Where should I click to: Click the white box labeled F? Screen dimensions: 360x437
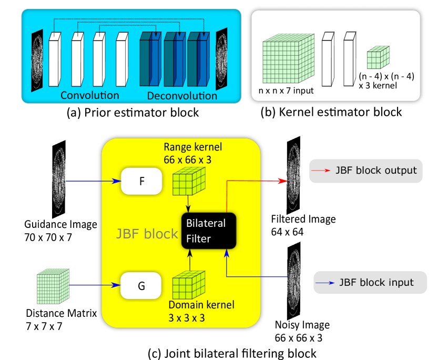[141, 181]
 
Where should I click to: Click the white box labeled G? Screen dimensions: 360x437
[141, 286]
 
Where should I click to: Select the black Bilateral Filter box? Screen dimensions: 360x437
[209, 231]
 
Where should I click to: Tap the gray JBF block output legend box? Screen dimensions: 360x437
[365, 171]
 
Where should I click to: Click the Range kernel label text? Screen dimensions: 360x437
[192, 153]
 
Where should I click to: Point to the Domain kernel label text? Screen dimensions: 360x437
[201, 311]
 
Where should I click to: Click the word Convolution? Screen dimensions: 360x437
[89, 95]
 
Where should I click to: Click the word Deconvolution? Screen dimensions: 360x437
[182, 96]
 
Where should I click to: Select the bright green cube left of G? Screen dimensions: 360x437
[53, 286]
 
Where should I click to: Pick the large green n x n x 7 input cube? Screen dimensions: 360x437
[287, 59]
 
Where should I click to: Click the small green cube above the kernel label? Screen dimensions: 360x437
[378, 57]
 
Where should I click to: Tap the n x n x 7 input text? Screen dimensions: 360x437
[286, 91]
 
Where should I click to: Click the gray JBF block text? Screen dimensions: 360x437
[147, 234]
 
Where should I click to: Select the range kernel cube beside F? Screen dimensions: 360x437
[188, 182]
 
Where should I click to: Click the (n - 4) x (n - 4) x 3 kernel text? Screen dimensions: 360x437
[386, 81]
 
